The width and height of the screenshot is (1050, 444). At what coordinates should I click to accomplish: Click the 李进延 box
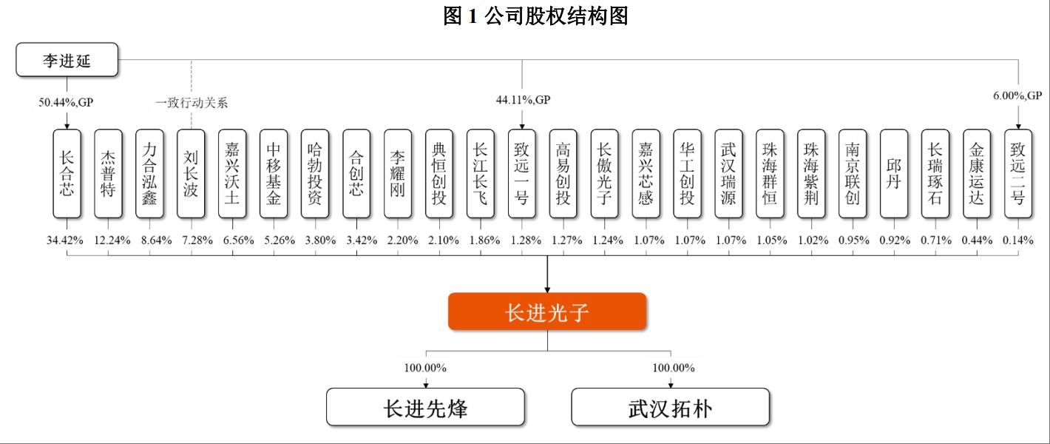point(67,60)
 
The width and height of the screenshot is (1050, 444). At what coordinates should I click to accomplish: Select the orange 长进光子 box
point(547,312)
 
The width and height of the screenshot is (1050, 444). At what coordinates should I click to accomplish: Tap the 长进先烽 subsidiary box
point(425,407)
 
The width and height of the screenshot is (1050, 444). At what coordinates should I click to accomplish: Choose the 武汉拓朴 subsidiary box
point(671,407)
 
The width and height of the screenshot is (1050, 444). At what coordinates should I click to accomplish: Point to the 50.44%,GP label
point(66,102)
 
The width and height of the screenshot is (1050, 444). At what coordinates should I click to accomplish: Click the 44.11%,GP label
point(523,99)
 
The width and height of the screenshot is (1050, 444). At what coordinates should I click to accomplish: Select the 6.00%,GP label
point(1017,95)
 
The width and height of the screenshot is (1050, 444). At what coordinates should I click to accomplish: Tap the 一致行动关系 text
point(192,103)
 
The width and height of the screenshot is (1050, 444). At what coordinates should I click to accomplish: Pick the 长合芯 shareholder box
point(67,174)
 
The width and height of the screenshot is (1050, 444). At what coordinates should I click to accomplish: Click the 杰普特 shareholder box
point(108,174)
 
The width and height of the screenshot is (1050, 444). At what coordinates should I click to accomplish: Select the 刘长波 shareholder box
point(191,174)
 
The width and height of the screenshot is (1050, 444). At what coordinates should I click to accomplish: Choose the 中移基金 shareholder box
point(274,174)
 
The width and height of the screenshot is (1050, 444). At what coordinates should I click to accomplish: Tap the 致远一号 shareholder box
point(522,174)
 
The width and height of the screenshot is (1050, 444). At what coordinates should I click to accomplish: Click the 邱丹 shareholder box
point(894,174)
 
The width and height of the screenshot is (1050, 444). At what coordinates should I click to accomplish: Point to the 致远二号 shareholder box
point(1018,174)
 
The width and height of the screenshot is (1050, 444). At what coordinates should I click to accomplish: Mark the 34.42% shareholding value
point(65,240)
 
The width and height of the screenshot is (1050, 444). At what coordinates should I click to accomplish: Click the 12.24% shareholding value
point(112,240)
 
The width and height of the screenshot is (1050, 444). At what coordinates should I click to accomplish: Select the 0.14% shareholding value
point(1018,240)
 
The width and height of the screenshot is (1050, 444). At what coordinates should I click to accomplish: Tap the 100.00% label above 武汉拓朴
point(674,368)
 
